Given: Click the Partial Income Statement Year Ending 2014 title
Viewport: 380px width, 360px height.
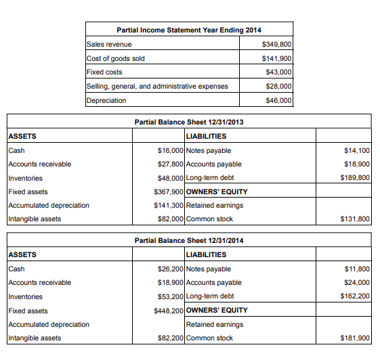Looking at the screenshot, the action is (189, 30).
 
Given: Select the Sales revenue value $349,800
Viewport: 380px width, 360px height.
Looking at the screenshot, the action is (276, 44).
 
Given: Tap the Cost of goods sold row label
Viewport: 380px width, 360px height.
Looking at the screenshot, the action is (115, 58).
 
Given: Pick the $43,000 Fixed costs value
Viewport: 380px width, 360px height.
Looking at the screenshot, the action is (278, 72).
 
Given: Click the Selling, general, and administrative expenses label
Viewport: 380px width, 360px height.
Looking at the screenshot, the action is (157, 86).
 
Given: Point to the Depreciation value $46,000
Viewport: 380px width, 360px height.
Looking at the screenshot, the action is (278, 100).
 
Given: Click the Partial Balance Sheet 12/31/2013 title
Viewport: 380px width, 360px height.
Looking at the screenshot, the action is (189, 122).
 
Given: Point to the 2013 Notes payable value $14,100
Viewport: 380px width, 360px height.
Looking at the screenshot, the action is (357, 150).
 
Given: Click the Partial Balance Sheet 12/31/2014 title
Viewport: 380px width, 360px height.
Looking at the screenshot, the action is (189, 240).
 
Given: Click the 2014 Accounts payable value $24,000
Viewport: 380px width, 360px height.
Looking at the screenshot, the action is (357, 282).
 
